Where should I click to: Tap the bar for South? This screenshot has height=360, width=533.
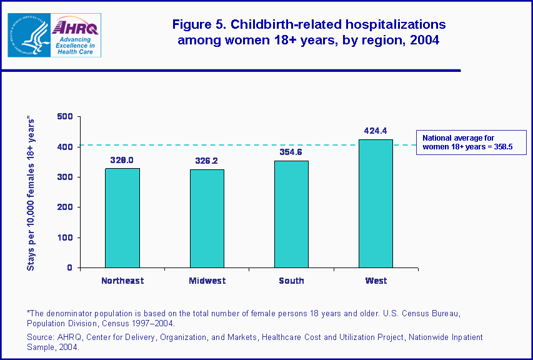(291, 214)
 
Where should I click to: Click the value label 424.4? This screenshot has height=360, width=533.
(376, 131)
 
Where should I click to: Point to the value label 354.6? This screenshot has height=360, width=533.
(291, 152)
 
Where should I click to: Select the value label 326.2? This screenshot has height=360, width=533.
(207, 161)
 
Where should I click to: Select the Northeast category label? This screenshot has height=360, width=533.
(122, 281)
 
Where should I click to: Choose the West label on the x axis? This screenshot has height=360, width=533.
(376, 281)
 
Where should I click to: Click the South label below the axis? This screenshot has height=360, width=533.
(291, 281)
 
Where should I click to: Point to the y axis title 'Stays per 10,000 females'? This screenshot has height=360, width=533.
(30, 194)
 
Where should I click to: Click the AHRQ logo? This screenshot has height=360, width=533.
(76, 36)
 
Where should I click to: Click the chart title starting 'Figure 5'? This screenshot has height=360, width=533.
(309, 32)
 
